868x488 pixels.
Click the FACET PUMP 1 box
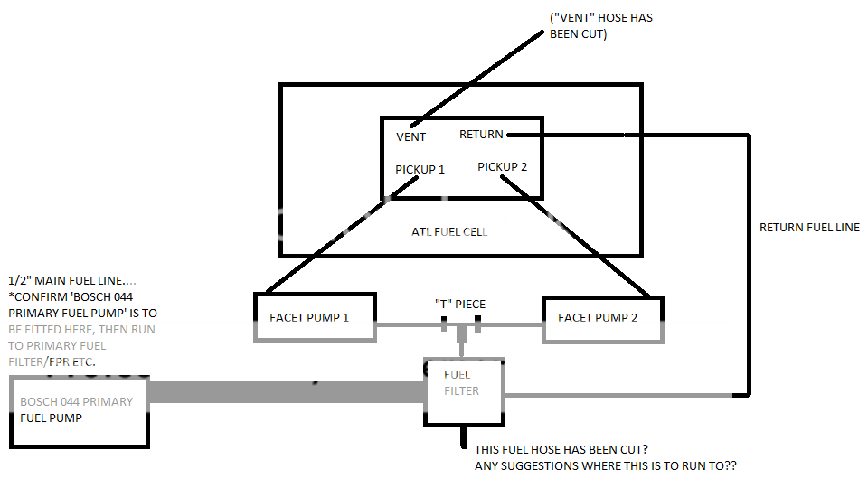(x=316, y=316)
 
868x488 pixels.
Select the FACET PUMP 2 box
(x=602, y=316)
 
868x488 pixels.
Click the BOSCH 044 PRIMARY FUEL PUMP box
(x=80, y=409)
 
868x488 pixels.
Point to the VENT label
(x=410, y=137)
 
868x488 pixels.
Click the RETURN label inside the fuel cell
(x=481, y=135)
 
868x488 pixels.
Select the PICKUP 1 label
(x=420, y=169)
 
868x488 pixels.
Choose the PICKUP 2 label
(x=502, y=166)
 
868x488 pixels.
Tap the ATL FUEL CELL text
(x=449, y=232)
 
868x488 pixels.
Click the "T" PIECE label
(x=461, y=304)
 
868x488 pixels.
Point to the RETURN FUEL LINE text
(x=809, y=227)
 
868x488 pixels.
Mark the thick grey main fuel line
(x=286, y=391)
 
